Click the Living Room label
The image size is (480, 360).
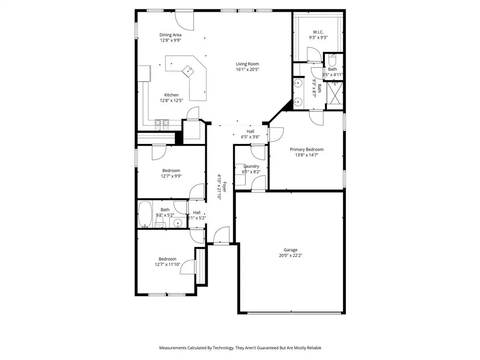247,64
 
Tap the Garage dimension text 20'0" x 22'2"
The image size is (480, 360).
290,255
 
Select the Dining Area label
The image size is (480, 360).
170,35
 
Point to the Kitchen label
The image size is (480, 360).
171,95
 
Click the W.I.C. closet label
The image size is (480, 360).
318,32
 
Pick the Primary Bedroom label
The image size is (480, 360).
306,150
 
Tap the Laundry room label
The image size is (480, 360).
251,166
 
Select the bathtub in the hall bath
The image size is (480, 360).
145,214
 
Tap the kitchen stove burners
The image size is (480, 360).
163,124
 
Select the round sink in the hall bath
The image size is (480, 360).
178,223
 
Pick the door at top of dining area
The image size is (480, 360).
183,18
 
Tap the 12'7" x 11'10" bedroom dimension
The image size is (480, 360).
167,264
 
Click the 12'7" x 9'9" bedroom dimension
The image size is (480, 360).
171,176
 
